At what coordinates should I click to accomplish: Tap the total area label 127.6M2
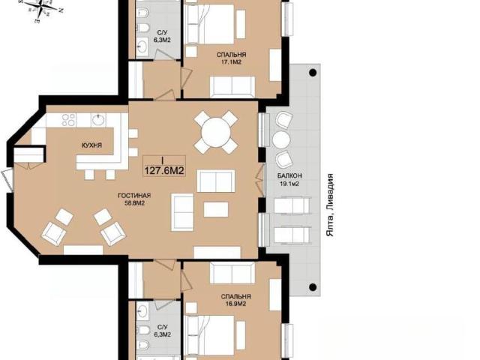164,170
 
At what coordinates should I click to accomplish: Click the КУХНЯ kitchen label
91,145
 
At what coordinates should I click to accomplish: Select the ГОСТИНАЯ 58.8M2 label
135,199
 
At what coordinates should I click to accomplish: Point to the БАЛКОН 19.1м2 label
289,180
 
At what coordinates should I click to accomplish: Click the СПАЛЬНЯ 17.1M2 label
232,58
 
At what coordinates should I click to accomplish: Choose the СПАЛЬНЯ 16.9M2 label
236,300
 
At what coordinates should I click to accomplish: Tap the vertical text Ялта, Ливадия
330,205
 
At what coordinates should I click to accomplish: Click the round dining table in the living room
216,133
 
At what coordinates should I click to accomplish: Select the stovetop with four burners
68,120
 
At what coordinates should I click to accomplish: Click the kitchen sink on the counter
98,120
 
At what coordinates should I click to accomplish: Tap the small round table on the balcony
281,140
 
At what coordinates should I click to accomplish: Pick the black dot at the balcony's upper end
313,73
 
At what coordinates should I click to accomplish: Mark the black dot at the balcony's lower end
313,287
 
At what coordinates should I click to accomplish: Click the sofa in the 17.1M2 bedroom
232,86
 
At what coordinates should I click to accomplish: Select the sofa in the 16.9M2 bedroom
232,272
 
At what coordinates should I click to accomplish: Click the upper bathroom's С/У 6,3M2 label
163,36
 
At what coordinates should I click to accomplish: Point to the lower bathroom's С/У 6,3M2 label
163,331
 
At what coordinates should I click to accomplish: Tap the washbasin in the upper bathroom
142,46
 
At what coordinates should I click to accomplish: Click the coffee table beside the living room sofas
216,209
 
